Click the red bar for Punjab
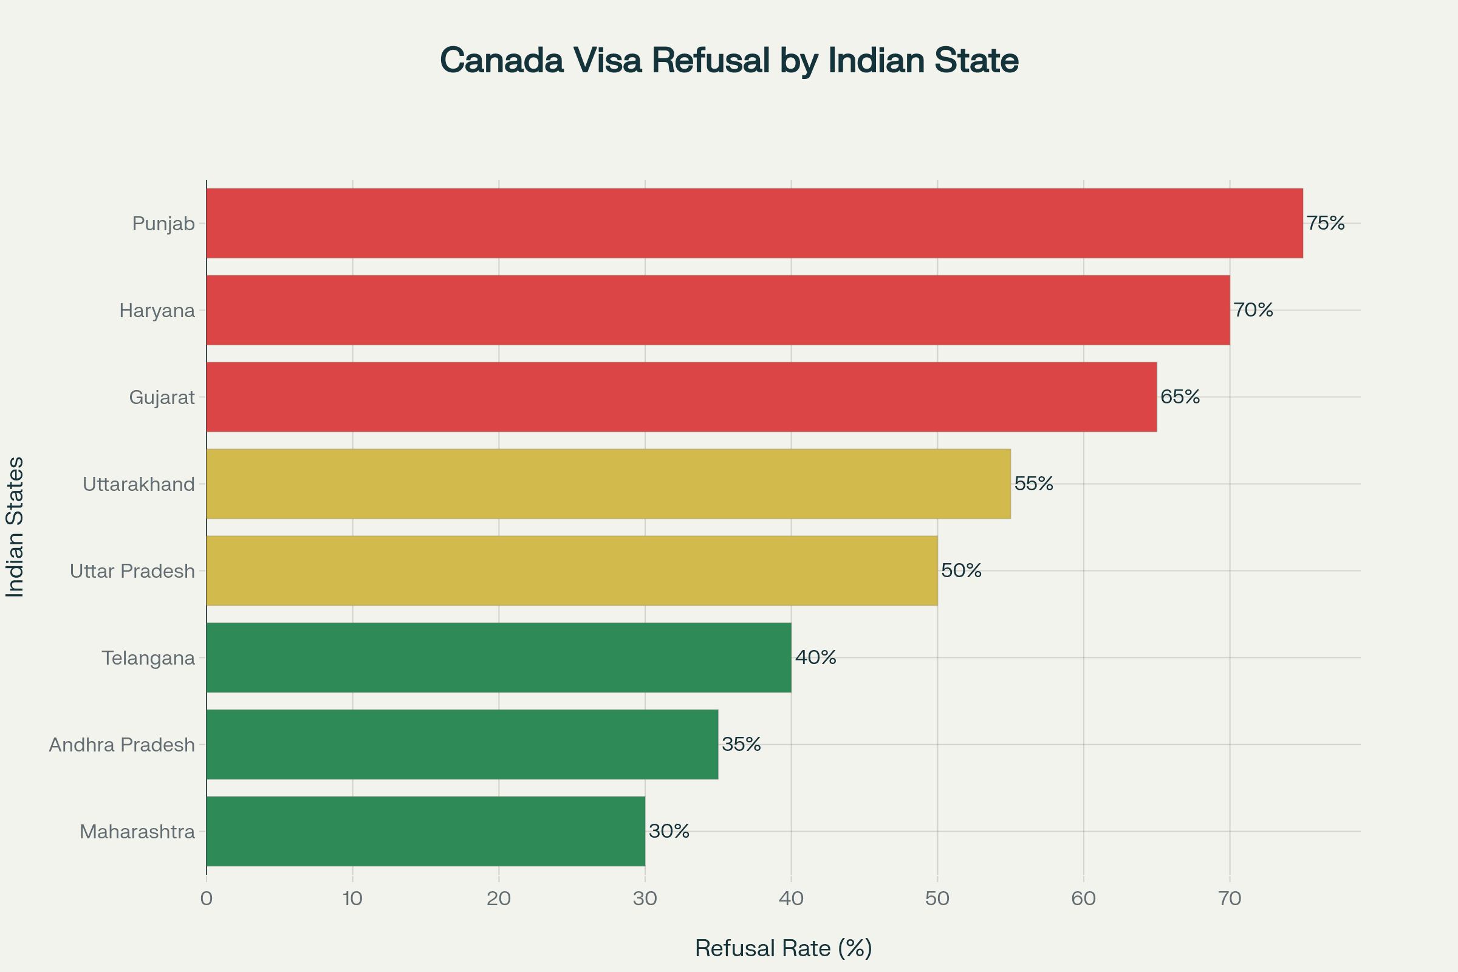point(755,223)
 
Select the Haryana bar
point(718,310)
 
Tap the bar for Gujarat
point(681,397)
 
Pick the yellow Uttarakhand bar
point(608,484)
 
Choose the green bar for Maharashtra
point(425,830)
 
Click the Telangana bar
point(498,657)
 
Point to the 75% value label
point(1326,223)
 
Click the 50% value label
point(961,570)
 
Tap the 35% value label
point(741,744)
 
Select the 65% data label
point(1180,397)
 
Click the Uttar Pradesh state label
point(132,571)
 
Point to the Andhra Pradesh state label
point(122,745)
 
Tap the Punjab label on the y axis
point(163,224)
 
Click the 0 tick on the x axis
point(207,898)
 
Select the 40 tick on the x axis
point(791,898)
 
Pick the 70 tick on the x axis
point(1230,898)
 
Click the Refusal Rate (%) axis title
point(784,948)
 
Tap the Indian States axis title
point(15,527)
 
